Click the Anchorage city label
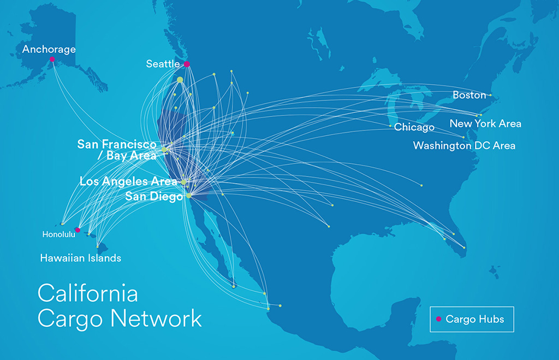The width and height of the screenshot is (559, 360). click(x=49, y=50)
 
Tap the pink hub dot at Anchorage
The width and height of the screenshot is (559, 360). click(x=52, y=59)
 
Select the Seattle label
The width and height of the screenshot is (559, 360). click(x=163, y=64)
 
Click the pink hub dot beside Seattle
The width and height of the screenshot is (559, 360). click(x=187, y=64)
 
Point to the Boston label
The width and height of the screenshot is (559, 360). click(x=469, y=95)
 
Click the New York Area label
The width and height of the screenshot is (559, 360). click(x=485, y=124)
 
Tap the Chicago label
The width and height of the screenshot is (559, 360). click(x=414, y=128)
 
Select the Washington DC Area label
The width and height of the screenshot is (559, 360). click(x=464, y=146)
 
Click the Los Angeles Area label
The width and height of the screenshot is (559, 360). click(x=128, y=181)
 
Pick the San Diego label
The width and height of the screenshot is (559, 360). click(x=153, y=196)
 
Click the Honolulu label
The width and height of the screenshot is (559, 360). click(x=58, y=235)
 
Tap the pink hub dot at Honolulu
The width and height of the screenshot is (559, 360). click(x=78, y=230)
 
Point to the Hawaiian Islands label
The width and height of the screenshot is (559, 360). click(x=81, y=258)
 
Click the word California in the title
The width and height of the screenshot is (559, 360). click(x=87, y=293)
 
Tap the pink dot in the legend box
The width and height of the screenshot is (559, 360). click(x=438, y=319)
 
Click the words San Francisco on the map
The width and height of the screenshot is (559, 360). click(x=117, y=145)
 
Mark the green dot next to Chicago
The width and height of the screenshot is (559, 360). click(x=390, y=126)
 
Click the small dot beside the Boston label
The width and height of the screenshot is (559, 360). click(x=490, y=95)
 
